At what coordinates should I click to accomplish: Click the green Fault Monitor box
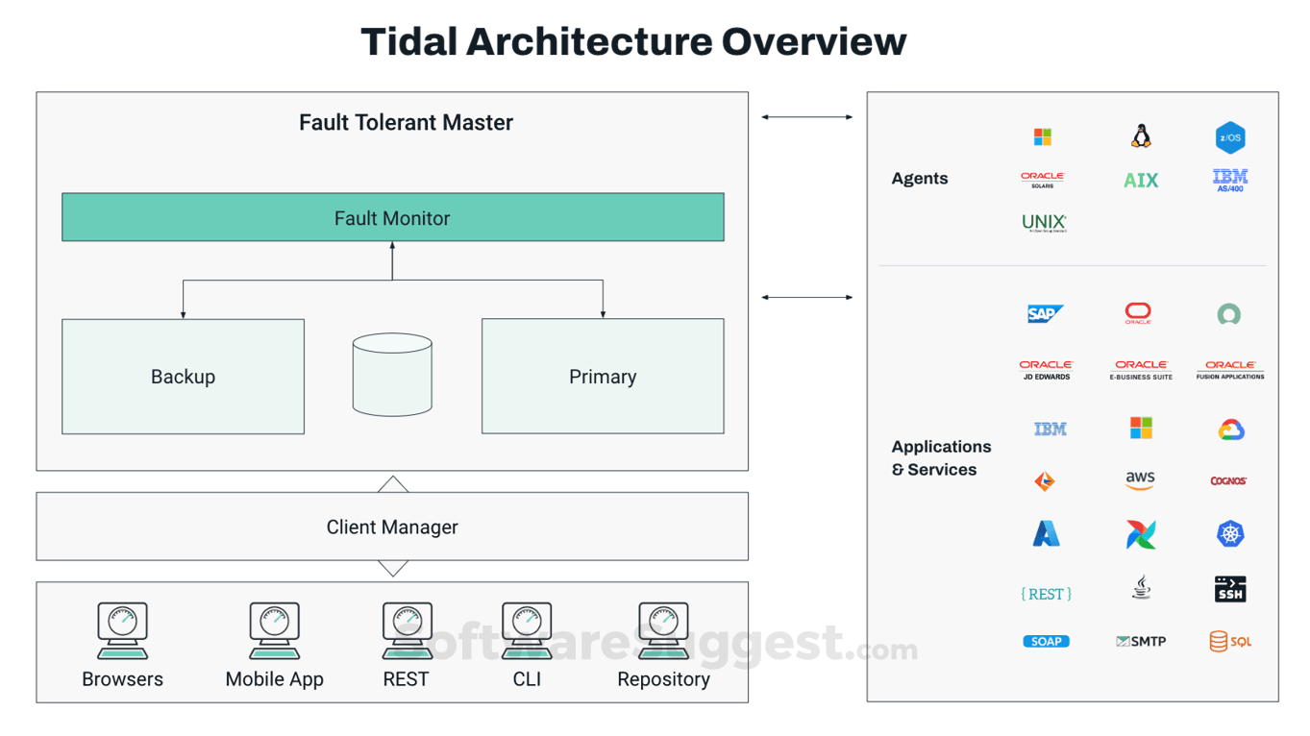tap(392, 217)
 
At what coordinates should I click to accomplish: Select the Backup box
tap(183, 377)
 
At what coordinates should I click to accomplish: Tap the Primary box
tap(603, 377)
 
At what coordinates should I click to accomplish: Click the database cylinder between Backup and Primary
tap(392, 375)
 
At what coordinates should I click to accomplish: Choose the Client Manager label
tap(392, 527)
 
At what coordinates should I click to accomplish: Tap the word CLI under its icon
tap(527, 679)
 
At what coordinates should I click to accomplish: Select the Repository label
tap(663, 679)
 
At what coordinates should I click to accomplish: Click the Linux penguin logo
tap(1141, 136)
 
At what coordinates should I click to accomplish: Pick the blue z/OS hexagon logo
tap(1230, 137)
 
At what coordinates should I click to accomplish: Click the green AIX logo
tap(1141, 180)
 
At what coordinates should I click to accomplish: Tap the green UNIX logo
tap(1044, 223)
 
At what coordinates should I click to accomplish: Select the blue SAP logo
tap(1045, 313)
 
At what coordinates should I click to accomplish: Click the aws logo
tap(1140, 479)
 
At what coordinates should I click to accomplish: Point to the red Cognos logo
tap(1228, 480)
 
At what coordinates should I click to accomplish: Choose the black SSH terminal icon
tap(1230, 589)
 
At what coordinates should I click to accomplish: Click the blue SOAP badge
tap(1046, 641)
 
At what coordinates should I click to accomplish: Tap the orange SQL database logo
tap(1230, 641)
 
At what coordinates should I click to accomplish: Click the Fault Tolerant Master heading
tap(406, 122)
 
